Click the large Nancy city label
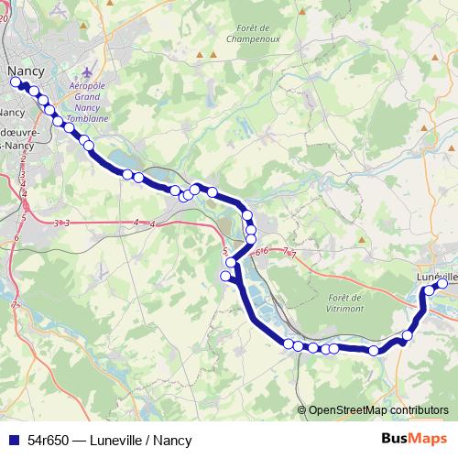[25, 70]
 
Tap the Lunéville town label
[436, 276]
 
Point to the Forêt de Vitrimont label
[344, 303]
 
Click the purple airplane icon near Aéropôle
[88, 71]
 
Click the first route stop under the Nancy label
[16, 82]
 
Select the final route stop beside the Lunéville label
[442, 284]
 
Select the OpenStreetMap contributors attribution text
[378, 410]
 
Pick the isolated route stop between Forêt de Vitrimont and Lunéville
[374, 351]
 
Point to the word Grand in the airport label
[87, 95]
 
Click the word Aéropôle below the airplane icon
[89, 85]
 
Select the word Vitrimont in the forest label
[344, 310]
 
